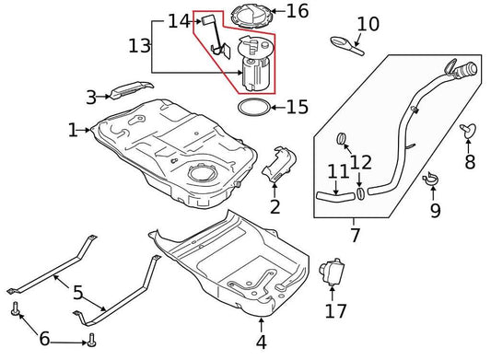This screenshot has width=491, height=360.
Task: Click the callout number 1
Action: tap(73, 131)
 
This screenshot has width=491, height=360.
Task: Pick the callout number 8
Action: tap(470, 163)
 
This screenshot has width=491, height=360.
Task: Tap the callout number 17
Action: tap(335, 311)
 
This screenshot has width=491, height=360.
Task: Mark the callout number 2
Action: tap(275, 205)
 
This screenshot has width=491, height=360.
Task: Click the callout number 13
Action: tap(139, 45)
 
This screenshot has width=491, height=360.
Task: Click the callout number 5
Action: tap(78, 294)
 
